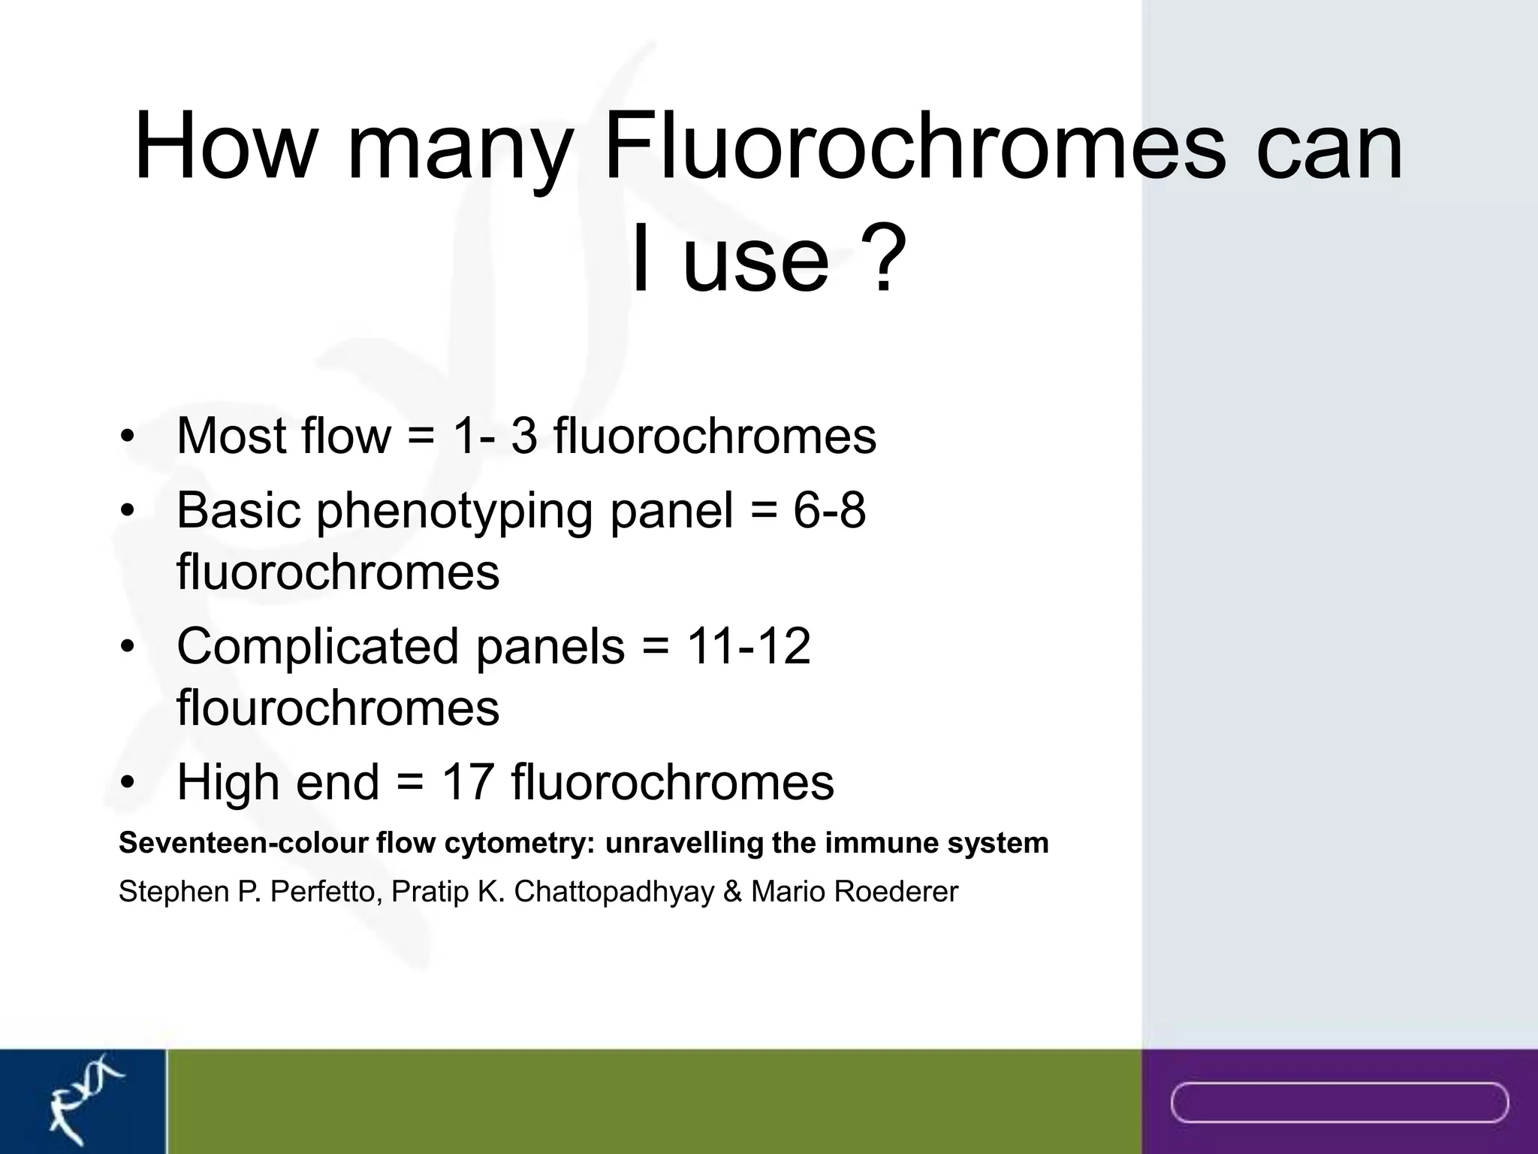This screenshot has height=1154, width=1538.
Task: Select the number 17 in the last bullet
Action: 467,781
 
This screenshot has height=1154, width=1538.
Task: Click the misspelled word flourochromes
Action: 337,707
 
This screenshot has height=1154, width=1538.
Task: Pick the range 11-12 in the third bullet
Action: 748,646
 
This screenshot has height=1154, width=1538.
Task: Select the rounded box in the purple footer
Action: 1339,1102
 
